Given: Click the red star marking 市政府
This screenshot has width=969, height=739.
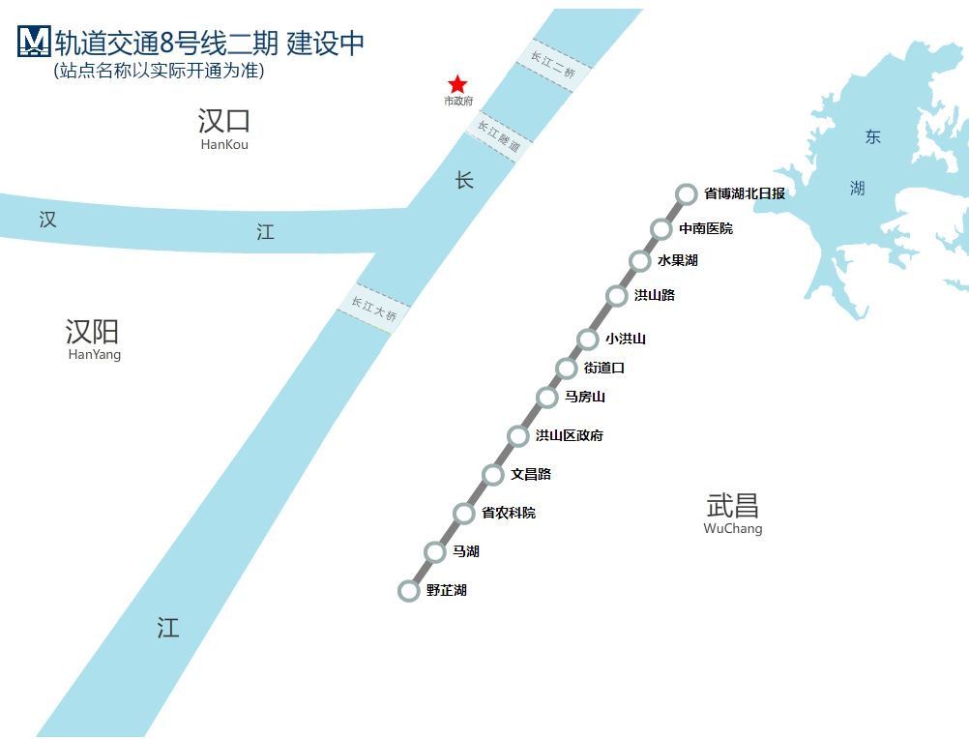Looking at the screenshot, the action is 457,84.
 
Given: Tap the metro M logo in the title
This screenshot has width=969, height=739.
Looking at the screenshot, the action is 34,42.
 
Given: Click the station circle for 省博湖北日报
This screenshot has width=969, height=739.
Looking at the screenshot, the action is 686,194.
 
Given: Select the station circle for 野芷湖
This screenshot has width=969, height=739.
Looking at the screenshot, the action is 408,591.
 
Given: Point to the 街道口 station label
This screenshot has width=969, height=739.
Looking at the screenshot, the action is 603,369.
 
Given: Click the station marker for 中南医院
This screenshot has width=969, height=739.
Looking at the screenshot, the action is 661,228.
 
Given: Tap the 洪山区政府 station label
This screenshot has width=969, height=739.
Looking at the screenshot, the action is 570,435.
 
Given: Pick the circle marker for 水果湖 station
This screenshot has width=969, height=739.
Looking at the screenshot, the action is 639,261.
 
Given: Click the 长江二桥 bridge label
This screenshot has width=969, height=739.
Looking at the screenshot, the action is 553,65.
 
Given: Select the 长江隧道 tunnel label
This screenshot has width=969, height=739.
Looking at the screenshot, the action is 499,136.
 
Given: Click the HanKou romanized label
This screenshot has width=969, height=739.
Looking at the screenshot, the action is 224,144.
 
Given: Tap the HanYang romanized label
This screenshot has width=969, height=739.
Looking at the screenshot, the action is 95,355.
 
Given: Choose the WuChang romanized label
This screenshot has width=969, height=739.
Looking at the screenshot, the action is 733,528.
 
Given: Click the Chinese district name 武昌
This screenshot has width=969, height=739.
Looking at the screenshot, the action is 733,506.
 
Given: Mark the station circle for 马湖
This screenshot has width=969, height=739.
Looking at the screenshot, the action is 434,551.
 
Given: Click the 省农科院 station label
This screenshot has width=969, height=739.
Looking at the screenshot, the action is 509,513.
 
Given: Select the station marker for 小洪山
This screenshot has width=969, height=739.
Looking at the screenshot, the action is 588,339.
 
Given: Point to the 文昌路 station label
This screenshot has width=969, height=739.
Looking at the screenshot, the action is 531,475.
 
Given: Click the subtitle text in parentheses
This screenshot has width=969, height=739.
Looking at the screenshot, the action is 160,71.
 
